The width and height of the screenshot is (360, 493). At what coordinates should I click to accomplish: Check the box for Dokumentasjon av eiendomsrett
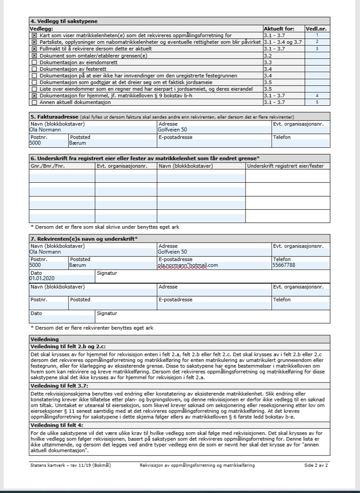tap(34, 63)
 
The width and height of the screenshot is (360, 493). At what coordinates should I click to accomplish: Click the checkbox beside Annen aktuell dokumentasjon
tap(34, 103)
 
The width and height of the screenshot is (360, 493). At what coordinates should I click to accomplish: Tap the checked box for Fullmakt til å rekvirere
tap(34, 48)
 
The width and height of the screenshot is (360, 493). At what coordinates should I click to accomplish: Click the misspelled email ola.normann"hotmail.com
tap(189, 266)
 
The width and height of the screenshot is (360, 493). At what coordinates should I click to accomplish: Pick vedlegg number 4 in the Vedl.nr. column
tap(317, 95)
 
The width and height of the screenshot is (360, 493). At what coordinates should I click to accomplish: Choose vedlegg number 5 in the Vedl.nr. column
tap(317, 103)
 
